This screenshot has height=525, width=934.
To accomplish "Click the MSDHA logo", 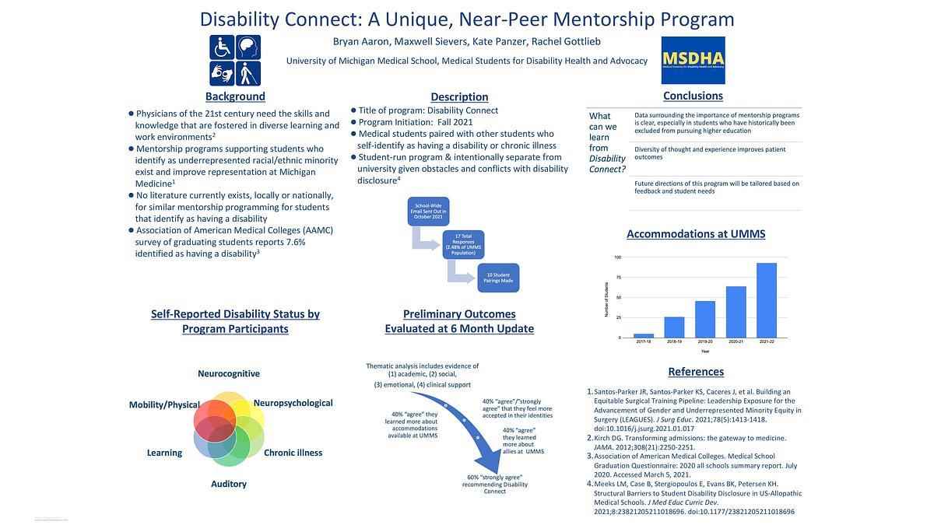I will coord(693,60).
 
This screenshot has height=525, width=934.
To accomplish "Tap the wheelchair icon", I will coord(222,47).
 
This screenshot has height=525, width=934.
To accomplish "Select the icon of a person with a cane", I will coord(248,73).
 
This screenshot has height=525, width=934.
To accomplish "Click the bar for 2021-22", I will coord(766,300).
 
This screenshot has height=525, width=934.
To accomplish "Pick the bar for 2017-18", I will coord(644,335).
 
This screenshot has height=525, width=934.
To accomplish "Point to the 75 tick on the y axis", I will coord(617,278).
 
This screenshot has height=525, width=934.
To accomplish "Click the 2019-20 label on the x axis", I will coord(705,342).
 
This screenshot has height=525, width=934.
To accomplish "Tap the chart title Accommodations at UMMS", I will coord(696,233).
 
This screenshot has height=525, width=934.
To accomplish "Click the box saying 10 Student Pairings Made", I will coord(498,278).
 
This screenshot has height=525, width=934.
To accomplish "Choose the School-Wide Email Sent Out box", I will coord(428,212).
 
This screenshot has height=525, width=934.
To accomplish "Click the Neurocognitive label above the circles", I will coord(229,373).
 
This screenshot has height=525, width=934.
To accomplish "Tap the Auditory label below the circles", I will coord(229,484).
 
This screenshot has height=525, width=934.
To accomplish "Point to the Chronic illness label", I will coord(293,453).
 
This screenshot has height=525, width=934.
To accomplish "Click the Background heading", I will coord(235,96).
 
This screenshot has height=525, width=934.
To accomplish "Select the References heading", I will coord(696,372).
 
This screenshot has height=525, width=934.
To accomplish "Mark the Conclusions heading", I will coord(693,96).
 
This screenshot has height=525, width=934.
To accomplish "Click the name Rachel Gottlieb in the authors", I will coord(566,41).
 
